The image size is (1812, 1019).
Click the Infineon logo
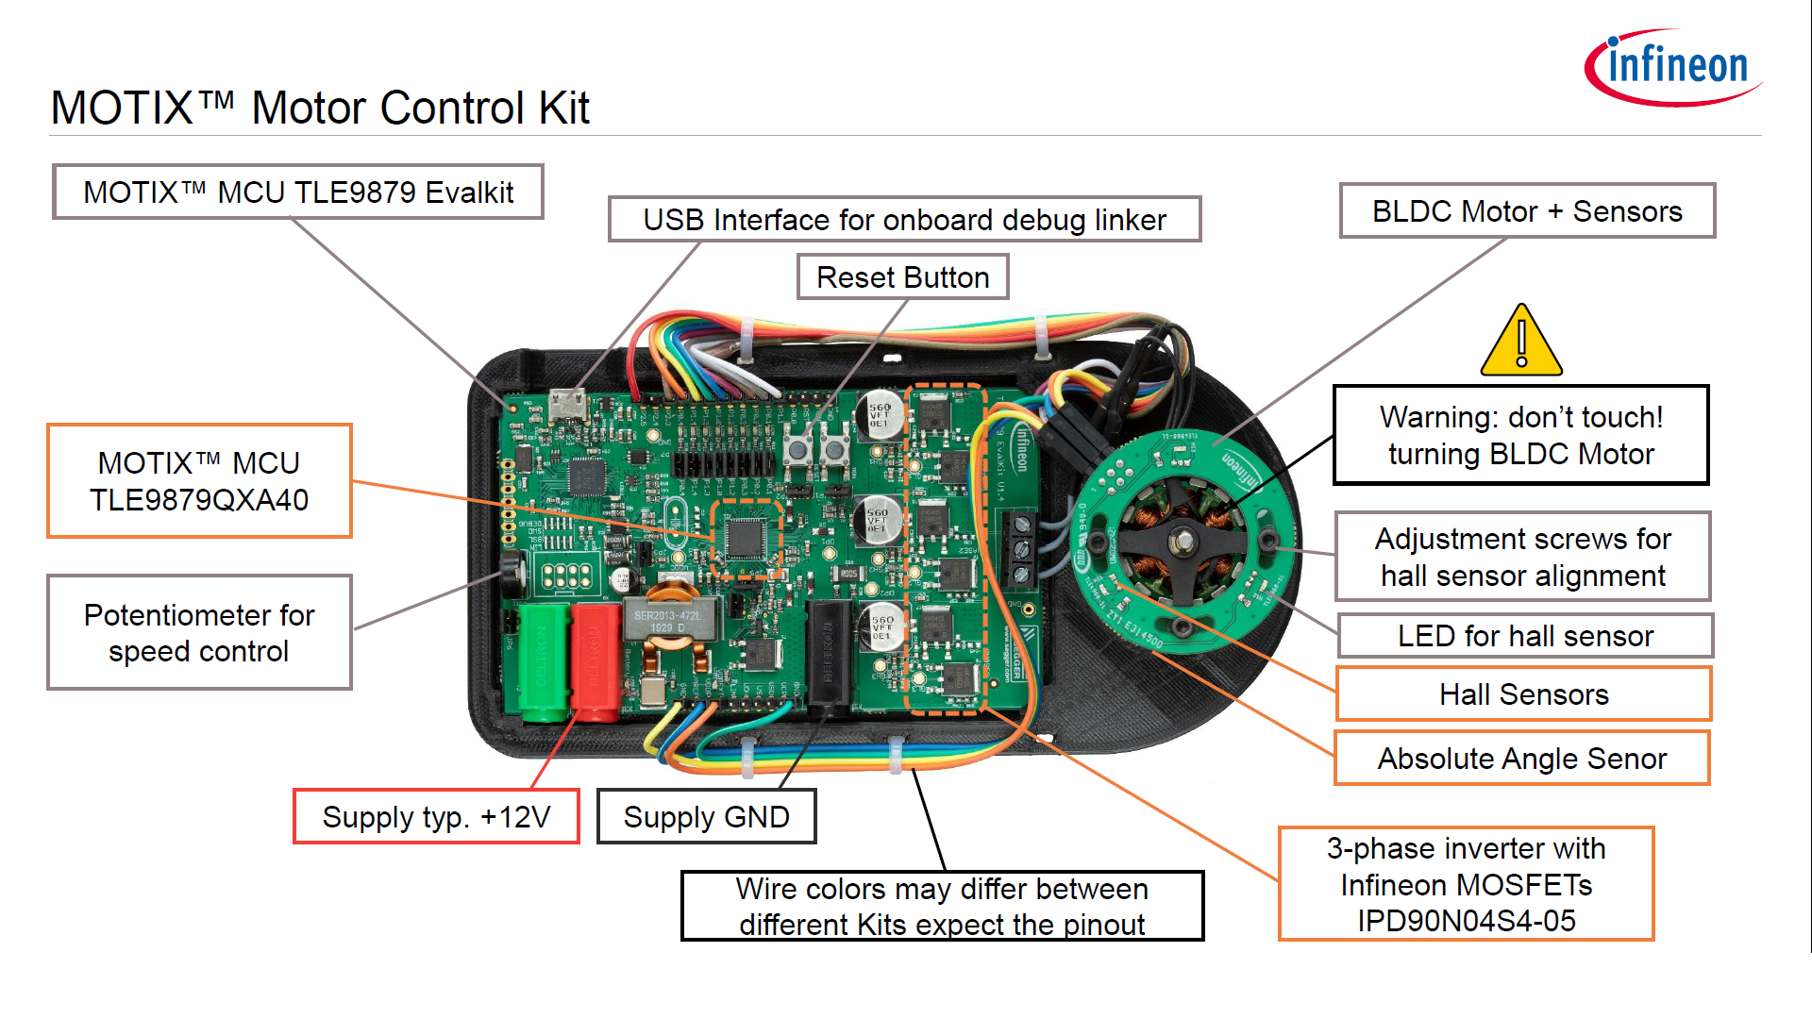pos(1671,67)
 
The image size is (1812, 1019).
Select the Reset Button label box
pos(902,277)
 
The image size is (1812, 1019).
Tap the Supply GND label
pos(706,817)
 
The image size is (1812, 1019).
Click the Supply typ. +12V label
pos(436,817)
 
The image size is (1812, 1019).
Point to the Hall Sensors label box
pos(1522,694)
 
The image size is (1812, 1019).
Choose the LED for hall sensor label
pos(1524,636)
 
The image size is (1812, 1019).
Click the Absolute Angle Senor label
pos(1521,759)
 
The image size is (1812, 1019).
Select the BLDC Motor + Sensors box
pos(1526,211)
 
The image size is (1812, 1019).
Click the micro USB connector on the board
pos(569,405)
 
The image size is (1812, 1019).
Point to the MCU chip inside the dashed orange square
pos(746,539)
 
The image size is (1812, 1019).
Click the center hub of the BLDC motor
pos(1182,542)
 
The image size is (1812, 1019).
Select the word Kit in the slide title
pos(563,108)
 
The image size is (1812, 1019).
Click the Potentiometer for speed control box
pos(199,633)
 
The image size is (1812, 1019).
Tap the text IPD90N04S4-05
pos(1466,921)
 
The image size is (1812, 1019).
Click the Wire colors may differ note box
pos(942,906)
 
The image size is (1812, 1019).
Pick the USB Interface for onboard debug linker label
pos(904,220)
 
